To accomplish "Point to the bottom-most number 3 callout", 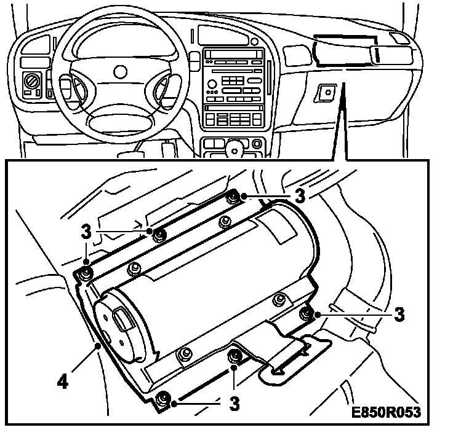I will tap(234, 404).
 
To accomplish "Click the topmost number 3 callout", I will tap(300, 195).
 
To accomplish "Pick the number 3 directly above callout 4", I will tap(86, 232).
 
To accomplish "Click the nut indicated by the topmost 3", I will tap(233, 197).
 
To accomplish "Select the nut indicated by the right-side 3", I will tap(306, 314).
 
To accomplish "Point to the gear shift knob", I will tap(234, 147).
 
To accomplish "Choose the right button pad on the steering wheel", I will tap(164, 88).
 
